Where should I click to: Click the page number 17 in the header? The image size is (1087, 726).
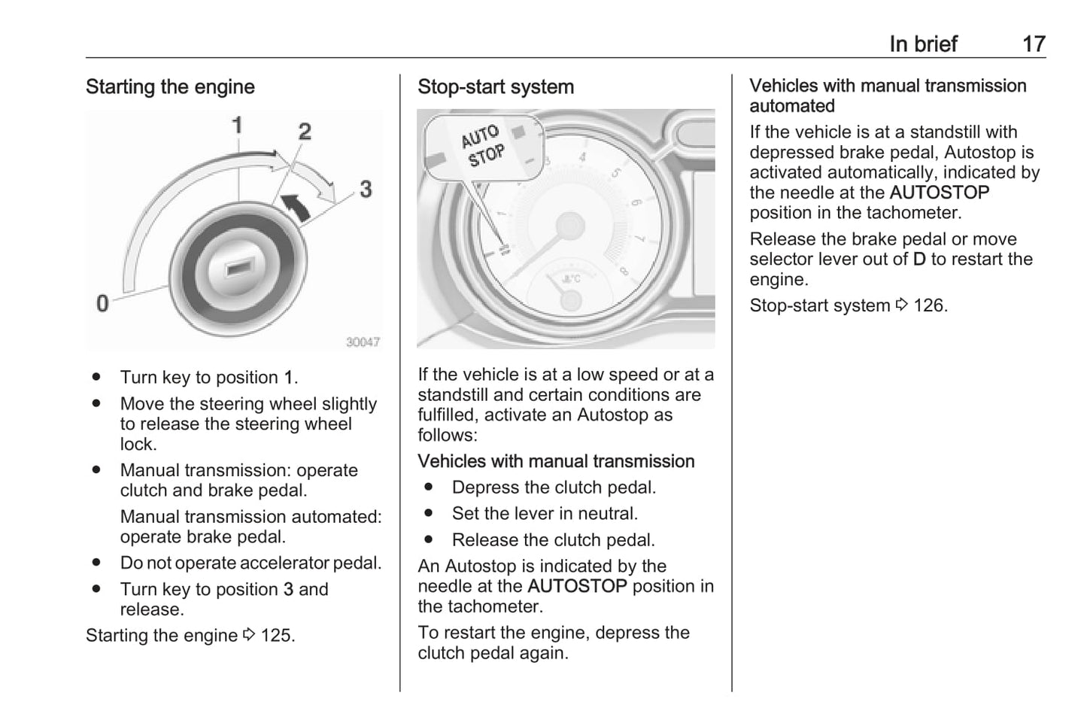coord(1034,44)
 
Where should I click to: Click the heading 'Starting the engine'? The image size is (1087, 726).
coord(170,87)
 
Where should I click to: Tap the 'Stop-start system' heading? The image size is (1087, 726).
coord(496,87)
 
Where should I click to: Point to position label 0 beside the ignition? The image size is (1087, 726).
coord(102,303)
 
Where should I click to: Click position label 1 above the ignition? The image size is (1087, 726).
coord(237,125)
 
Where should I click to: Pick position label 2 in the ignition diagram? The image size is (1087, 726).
coord(305,132)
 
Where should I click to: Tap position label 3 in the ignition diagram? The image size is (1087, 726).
coord(366,188)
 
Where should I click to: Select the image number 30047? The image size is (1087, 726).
coord(363,342)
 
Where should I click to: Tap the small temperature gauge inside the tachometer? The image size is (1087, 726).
coord(570,290)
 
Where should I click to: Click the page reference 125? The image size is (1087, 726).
coord(278,636)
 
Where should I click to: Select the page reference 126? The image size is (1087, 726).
coord(930,305)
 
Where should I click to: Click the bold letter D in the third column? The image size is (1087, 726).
coord(919,260)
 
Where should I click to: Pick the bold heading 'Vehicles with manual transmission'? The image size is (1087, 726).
coord(556,461)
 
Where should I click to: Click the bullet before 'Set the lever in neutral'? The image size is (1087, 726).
coord(429,514)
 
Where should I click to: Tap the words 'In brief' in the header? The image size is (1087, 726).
coord(923,44)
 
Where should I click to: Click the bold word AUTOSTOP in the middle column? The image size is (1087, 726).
coord(577,586)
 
